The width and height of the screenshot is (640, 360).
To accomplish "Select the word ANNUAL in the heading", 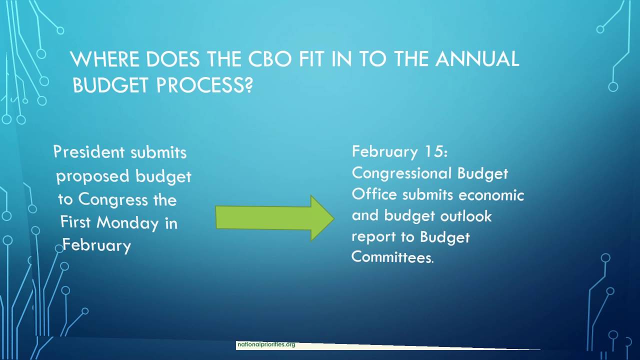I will [x=477, y=59].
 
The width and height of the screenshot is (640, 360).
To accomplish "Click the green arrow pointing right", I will [x=274, y=218].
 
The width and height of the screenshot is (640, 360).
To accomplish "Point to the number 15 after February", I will [x=436, y=151].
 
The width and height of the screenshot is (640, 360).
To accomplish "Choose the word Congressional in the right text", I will [x=395, y=173].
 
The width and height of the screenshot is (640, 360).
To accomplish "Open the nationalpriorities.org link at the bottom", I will [x=266, y=344].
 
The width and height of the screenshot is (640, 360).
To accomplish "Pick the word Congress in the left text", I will [x=112, y=199].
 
